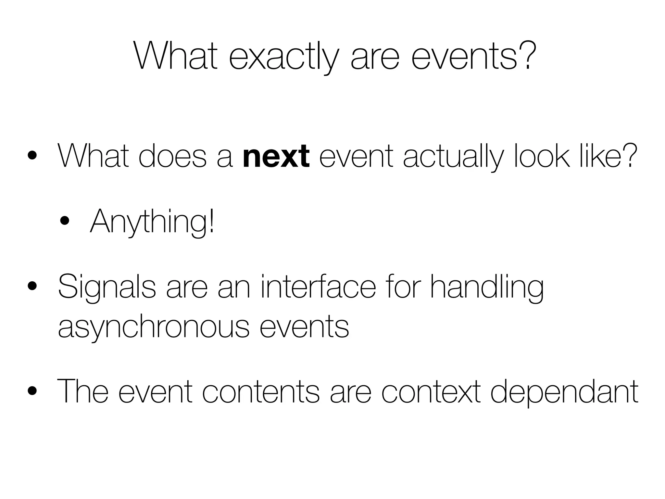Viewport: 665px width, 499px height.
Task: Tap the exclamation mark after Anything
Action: (x=212, y=221)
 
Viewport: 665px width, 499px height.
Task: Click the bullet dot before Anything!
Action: (x=65, y=221)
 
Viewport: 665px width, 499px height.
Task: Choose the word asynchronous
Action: (x=154, y=326)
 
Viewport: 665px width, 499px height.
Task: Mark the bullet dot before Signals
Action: (x=32, y=287)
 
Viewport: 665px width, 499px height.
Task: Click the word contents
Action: (x=261, y=391)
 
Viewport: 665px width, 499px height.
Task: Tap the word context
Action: (x=431, y=391)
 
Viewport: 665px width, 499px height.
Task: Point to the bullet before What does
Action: (x=32, y=156)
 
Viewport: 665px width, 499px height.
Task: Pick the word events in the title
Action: (x=464, y=57)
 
